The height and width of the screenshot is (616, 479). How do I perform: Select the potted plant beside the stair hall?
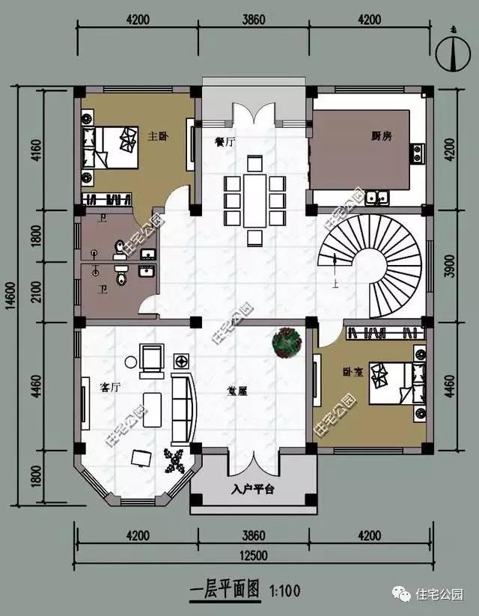click(285, 341)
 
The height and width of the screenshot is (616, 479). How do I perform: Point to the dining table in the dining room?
click(254, 201)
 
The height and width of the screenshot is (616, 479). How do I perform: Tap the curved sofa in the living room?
click(184, 409)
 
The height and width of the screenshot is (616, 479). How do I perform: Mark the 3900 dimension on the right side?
click(449, 267)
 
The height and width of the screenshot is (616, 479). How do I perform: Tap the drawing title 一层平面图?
click(221, 591)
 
